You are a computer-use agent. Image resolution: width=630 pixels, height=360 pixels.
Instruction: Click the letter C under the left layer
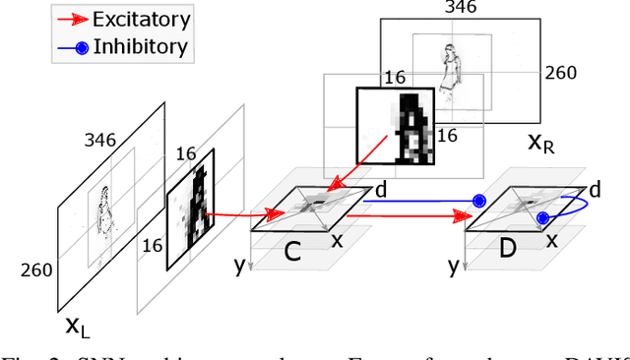pyautogui.click(x=293, y=253)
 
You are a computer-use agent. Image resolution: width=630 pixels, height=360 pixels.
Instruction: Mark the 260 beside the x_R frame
pyautogui.click(x=560, y=72)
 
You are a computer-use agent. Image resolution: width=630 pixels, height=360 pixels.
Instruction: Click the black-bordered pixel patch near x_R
pyautogui.click(x=394, y=124)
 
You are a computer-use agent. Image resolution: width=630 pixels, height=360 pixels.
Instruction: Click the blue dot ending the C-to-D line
pyautogui.click(x=479, y=201)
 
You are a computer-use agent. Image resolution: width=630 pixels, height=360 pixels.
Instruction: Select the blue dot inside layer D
pyautogui.click(x=541, y=217)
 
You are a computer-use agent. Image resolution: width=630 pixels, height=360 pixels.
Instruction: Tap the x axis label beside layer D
pyautogui.click(x=552, y=241)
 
